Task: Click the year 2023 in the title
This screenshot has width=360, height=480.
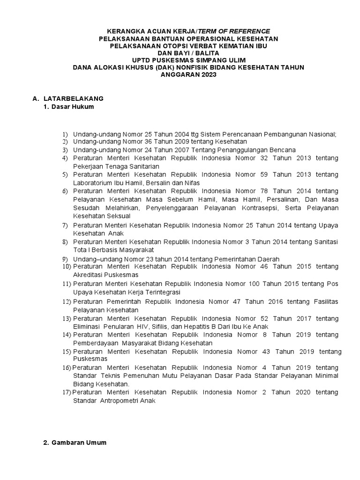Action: click(x=207, y=75)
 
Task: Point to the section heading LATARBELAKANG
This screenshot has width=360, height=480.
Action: click(x=73, y=99)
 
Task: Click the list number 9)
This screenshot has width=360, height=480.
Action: click(x=65, y=259)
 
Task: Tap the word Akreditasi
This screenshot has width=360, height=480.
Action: click(x=88, y=275)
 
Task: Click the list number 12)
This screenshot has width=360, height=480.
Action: click(x=66, y=302)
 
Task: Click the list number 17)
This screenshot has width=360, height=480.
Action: click(x=66, y=392)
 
